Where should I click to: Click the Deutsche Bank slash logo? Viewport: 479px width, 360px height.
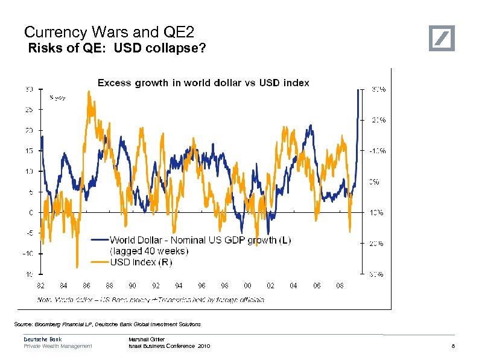pos(442,39)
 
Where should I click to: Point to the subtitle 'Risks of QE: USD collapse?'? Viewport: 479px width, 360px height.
pos(117,49)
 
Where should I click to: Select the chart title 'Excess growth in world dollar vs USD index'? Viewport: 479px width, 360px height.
pos(203,83)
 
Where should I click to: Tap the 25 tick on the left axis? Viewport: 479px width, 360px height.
pos(28,110)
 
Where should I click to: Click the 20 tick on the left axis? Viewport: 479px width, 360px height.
pos(28,130)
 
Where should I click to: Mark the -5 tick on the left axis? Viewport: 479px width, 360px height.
pos(28,233)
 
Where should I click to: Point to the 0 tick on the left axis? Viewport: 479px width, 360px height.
pos(30,212)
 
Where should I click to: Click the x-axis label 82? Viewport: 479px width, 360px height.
pos(40,285)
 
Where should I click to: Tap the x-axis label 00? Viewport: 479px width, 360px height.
pos(247,285)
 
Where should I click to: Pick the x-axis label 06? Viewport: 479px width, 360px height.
pos(317,285)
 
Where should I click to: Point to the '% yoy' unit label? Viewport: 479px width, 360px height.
pos(57,96)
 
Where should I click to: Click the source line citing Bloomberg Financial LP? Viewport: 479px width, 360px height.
pos(107,324)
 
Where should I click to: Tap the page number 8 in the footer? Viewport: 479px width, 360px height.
pos(452,346)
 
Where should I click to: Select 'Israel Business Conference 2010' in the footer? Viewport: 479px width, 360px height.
pos(170,346)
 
